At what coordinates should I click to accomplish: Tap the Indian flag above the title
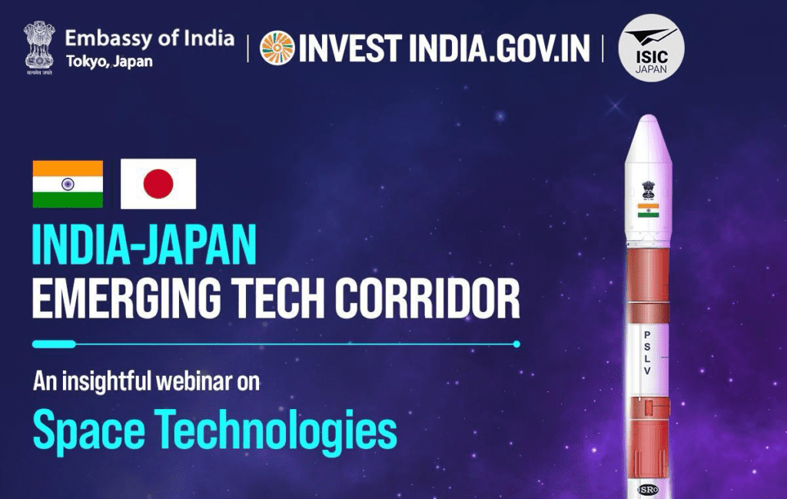[x=68, y=184]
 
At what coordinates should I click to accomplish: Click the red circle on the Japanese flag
[x=158, y=184]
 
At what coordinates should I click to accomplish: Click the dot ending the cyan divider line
[x=516, y=344]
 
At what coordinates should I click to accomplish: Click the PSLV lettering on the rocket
[x=647, y=353]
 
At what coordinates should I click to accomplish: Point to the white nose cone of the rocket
[x=647, y=146]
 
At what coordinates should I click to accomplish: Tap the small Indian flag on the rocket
[x=647, y=210]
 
